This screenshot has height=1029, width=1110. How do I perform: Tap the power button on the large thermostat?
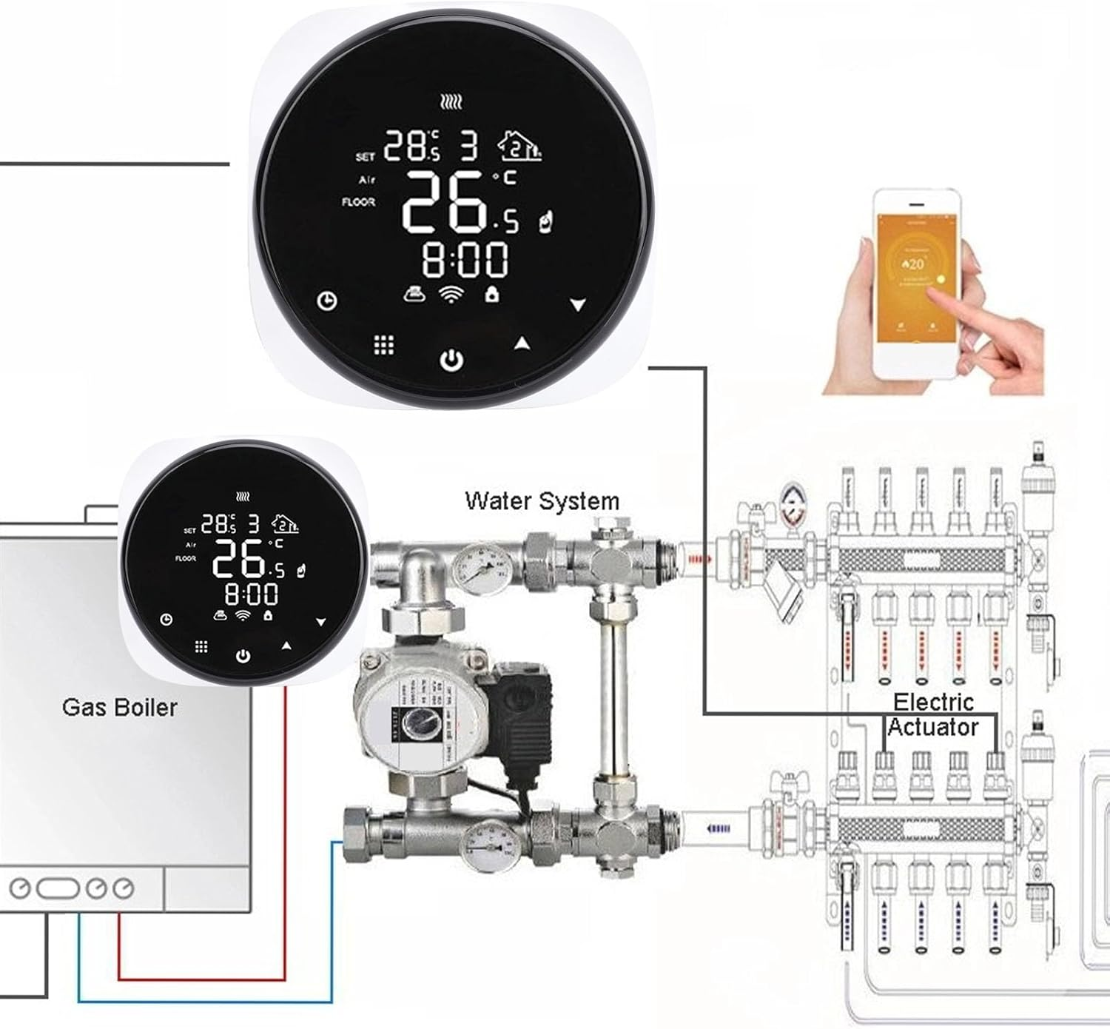coord(451,361)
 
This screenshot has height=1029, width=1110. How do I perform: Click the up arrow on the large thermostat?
coord(522,343)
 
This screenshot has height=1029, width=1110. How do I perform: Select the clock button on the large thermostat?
coord(328,301)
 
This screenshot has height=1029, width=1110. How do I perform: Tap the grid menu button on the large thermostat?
coord(383,344)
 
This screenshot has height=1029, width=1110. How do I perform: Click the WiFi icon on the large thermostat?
coord(450,295)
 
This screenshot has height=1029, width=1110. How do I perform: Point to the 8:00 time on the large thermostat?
coord(465,260)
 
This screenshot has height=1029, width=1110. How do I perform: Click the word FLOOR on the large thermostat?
coord(358,201)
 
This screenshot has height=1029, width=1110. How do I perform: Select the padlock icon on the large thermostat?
coord(491,294)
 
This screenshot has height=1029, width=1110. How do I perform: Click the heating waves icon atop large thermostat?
coord(451,102)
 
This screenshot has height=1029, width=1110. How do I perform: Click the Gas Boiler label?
coord(120,708)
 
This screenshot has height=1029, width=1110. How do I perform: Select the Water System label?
coord(542,501)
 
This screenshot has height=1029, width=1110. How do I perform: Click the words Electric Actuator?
coord(932,714)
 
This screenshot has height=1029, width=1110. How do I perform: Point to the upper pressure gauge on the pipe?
coord(476,565)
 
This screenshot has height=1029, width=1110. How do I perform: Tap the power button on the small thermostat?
coord(243,656)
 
